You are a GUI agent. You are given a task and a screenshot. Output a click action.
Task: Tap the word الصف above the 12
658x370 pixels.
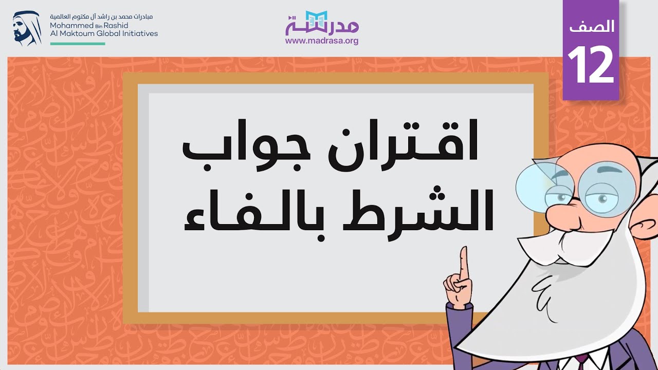592,27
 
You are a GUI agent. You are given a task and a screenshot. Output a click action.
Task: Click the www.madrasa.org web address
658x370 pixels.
322,41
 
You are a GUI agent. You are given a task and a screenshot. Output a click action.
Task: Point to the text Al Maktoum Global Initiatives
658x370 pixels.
104,33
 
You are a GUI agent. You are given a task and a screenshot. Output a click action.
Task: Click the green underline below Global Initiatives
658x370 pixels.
78,44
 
